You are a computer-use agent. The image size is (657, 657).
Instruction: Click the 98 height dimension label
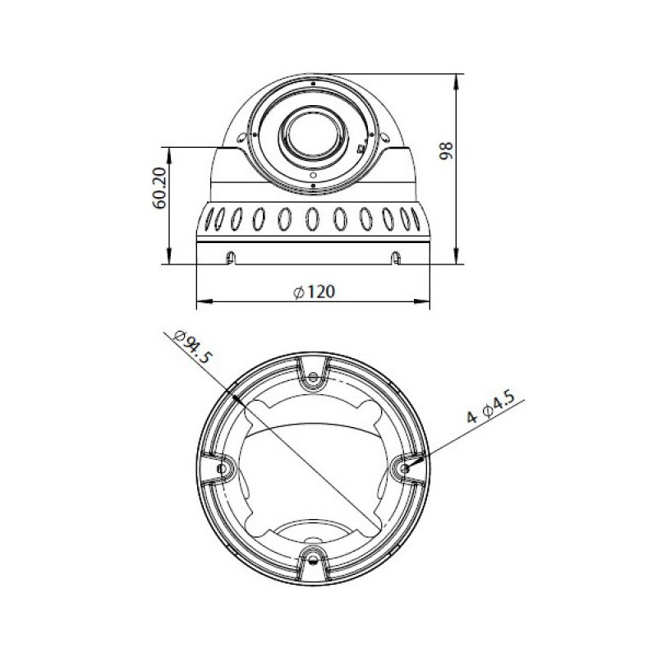446,150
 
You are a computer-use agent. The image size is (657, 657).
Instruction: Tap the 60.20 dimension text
159,188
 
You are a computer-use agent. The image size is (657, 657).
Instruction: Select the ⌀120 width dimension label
315,292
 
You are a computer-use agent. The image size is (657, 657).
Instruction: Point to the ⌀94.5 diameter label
193,347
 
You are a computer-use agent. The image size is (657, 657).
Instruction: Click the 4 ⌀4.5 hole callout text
490,406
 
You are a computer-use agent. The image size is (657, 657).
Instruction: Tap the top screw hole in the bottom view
313,378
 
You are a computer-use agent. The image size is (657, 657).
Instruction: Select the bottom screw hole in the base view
313,558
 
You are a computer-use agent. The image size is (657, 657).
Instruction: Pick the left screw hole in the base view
223,468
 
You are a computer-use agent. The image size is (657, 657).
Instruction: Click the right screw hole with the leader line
404,467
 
